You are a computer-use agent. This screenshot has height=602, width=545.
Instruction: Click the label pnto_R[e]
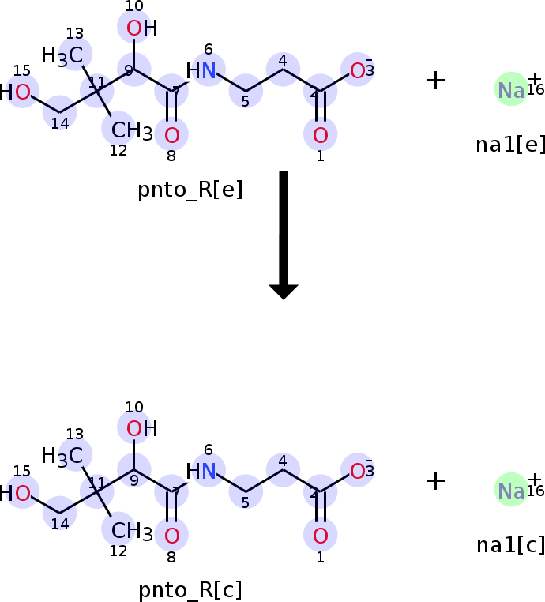click(x=190, y=190)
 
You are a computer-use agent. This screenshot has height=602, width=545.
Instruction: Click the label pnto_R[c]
click(x=190, y=589)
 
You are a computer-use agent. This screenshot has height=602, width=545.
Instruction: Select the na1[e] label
click(x=510, y=145)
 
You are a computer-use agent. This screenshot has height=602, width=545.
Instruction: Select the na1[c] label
click(x=510, y=545)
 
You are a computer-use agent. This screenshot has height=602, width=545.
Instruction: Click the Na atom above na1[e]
click(x=511, y=91)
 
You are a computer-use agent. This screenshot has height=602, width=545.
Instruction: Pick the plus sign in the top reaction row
click(x=435, y=80)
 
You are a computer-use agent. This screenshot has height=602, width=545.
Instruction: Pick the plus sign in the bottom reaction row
click(x=435, y=480)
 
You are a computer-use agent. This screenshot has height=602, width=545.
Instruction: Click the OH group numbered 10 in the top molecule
click(x=141, y=29)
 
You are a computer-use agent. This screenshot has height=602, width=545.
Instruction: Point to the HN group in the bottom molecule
click(x=202, y=472)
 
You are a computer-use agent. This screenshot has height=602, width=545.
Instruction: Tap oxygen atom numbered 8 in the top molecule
click(x=171, y=135)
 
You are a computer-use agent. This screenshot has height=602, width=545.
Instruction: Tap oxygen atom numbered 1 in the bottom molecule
click(x=320, y=536)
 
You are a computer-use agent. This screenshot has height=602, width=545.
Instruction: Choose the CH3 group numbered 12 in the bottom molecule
click(x=130, y=532)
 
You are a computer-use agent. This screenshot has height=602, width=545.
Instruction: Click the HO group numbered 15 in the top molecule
click(x=16, y=93)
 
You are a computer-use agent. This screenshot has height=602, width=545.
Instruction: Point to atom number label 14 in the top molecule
click(x=60, y=122)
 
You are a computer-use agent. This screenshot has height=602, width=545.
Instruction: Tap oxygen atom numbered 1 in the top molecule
click(x=320, y=135)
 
